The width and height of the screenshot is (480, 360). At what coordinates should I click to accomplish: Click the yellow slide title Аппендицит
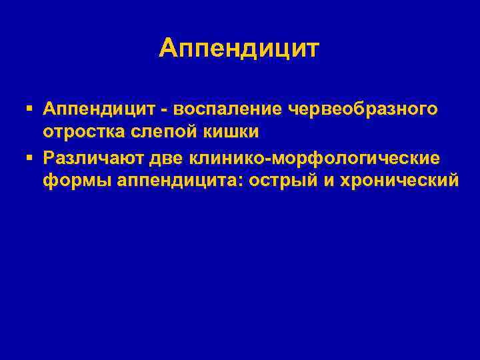coord(239,49)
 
